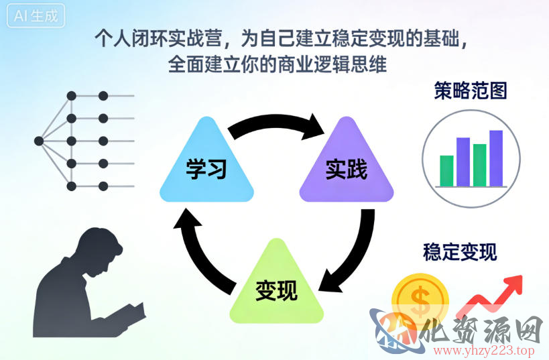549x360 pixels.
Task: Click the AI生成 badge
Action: (x=36, y=16)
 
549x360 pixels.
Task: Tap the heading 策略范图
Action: (x=471, y=91)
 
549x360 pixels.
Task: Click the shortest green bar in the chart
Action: (x=446, y=170)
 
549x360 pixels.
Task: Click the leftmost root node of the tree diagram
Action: (x=38, y=141)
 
